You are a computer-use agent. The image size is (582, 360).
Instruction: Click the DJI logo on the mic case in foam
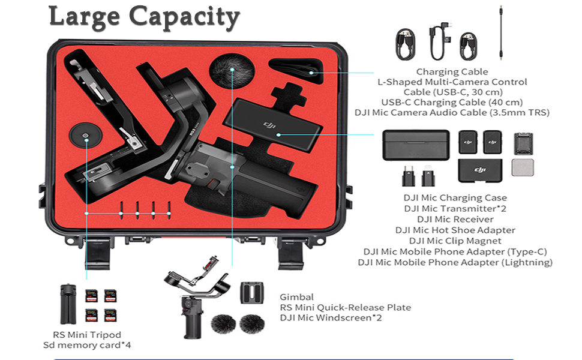tap(268, 125)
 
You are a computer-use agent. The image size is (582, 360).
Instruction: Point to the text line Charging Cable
tap(452, 72)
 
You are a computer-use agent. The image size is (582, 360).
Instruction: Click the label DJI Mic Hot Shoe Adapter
tap(455, 230)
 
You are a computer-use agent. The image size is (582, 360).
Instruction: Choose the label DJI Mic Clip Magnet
tap(455, 241)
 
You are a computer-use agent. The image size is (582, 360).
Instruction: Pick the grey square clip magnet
tap(523, 167)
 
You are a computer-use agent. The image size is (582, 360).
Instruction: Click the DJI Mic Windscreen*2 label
tap(331, 317)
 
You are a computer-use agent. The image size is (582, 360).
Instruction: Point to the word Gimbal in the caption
tap(297, 297)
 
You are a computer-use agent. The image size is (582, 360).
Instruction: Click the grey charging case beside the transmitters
tap(416, 145)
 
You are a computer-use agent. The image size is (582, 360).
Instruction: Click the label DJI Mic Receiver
tap(455, 219)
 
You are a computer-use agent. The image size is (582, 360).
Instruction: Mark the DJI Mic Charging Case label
tap(455, 197)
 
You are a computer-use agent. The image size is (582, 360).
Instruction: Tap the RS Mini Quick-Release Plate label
tap(346, 307)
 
